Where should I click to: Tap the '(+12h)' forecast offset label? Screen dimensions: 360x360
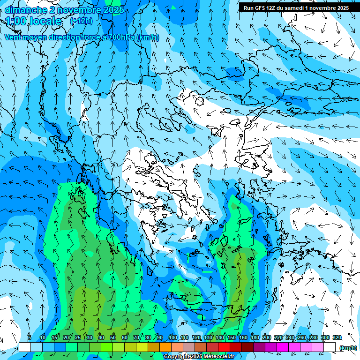point(81,21)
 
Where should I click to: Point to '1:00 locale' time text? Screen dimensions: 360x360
point(33,21)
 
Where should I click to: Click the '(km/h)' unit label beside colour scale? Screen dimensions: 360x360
point(348,348)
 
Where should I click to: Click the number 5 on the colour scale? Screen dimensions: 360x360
point(29,338)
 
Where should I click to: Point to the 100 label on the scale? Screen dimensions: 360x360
point(173,338)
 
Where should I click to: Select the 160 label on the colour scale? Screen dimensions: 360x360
point(243,338)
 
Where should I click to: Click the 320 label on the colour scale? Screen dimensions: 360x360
point(337,338)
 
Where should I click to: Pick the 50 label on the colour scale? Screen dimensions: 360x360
point(113,338)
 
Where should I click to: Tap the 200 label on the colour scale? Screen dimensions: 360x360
point(266,338)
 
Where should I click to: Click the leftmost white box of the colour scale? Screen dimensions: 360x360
point(25,347)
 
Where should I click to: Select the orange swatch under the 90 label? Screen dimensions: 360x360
point(165,347)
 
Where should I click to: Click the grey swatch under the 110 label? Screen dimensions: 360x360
point(189,347)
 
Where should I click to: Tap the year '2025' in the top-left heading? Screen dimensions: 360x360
point(113,10)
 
